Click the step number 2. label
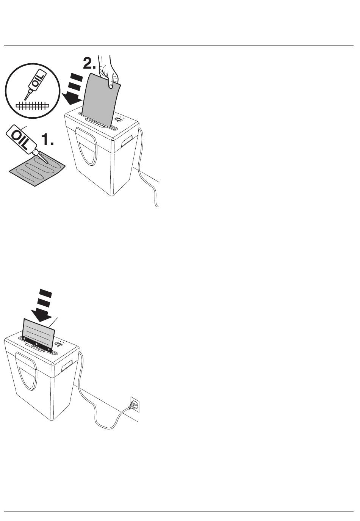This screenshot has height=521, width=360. (x=89, y=63)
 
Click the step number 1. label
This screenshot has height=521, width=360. (x=48, y=139)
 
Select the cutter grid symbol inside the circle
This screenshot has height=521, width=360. (x=33, y=106)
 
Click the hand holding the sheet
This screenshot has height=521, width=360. (x=108, y=72)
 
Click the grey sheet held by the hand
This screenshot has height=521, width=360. (x=101, y=100)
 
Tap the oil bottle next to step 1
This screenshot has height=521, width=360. (x=21, y=139)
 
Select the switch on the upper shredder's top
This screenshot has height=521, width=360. (x=119, y=119)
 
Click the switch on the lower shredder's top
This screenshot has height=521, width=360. (x=58, y=344)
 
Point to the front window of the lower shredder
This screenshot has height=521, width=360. (x=26, y=371)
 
